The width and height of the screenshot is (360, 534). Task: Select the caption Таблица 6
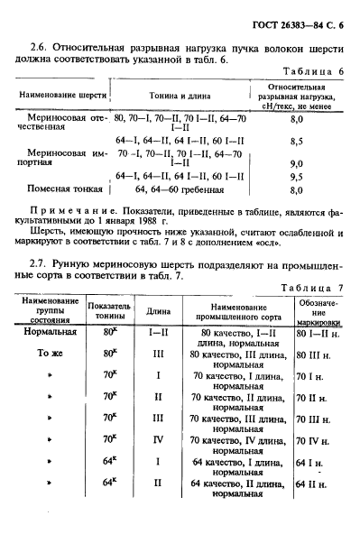315,70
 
